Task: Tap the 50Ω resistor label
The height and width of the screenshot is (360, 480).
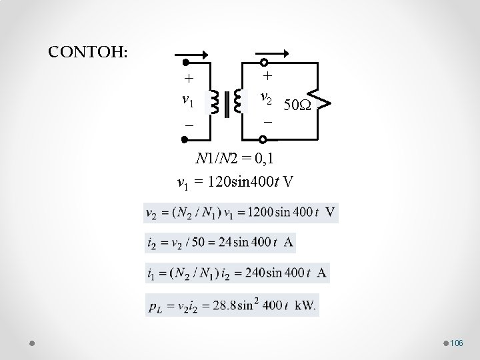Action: pos(295,105)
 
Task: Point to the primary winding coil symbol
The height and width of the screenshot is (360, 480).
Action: pos(215,103)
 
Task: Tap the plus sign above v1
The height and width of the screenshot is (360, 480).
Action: pos(189,78)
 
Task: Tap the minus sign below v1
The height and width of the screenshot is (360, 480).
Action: pos(189,126)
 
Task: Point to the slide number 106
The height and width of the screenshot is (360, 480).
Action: pos(456,343)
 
